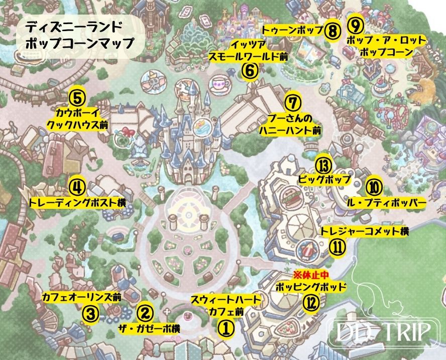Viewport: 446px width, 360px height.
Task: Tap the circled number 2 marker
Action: coord(144,314)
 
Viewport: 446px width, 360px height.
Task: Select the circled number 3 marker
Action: coord(89,314)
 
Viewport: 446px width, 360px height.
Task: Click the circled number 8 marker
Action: coord(332,31)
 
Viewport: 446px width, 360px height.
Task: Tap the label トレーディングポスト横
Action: coord(77,203)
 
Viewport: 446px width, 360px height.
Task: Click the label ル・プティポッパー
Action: coord(386,202)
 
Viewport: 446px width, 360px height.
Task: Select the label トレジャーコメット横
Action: coord(365,231)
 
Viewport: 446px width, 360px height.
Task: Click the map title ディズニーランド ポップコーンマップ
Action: coord(80,34)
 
